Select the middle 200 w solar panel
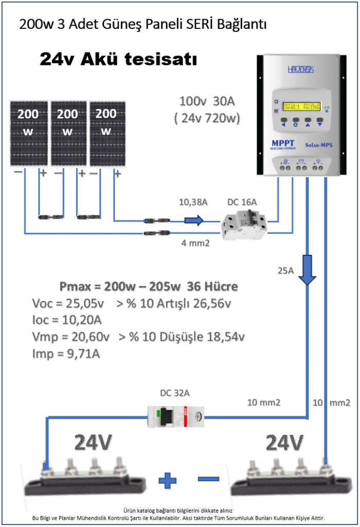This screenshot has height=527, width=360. click(67, 134)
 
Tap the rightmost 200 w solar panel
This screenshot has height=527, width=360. click(106, 134)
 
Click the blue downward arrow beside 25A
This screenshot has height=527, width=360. click(308, 271)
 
